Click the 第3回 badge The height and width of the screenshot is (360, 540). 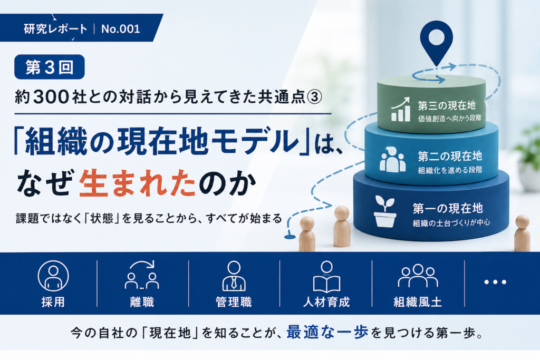tap(49, 67)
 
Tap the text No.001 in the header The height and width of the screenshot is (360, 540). tap(121, 29)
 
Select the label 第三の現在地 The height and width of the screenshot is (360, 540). tap(447, 105)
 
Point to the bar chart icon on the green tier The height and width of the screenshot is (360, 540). tap(401, 109)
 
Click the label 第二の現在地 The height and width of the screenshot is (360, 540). tap(450, 156)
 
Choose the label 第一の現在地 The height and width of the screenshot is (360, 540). tap(448, 208)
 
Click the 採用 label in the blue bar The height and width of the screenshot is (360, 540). tap(53, 302)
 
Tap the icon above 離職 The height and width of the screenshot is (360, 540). tap(142, 275)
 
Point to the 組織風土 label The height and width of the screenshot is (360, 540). tap(418, 302)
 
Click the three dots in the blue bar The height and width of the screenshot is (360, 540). tap(495, 282)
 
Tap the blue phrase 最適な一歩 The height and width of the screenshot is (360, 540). tap(327, 332)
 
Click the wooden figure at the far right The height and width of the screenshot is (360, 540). tap(522, 233)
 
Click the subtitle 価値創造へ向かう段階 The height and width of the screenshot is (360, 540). tap(449, 118)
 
